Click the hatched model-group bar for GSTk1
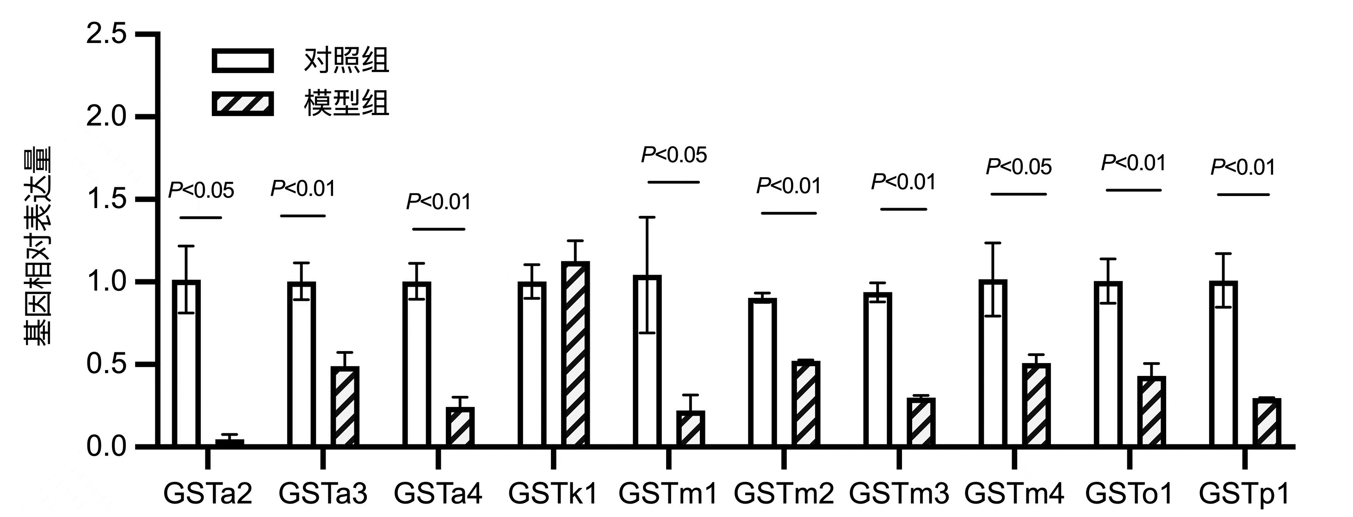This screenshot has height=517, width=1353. click(x=575, y=354)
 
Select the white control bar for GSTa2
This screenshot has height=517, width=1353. click(x=186, y=364)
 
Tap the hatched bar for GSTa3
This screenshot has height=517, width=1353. click(x=345, y=407)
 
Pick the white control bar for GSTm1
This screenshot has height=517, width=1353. click(x=647, y=361)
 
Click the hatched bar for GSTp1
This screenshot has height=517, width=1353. click(x=1267, y=423)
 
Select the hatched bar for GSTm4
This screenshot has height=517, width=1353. click(x=1036, y=405)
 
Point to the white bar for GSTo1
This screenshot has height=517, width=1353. click(x=1108, y=364)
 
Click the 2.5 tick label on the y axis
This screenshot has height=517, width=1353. click(x=107, y=35)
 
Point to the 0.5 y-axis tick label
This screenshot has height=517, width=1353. click(x=107, y=364)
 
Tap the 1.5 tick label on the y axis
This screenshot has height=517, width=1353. click(x=107, y=199)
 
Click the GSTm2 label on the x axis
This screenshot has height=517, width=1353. click(x=784, y=494)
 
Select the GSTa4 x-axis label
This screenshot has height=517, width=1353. click(x=438, y=494)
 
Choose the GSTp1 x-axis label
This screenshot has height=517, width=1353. click(x=1244, y=494)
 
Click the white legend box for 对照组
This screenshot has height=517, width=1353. click(x=243, y=61)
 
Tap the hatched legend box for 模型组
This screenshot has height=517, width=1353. click(x=243, y=104)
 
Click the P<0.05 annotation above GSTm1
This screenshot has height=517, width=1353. click(x=674, y=155)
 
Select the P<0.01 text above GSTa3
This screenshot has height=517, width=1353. click(x=303, y=188)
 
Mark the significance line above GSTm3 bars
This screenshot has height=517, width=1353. click(x=903, y=209)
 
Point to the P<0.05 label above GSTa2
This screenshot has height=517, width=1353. click(x=201, y=191)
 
